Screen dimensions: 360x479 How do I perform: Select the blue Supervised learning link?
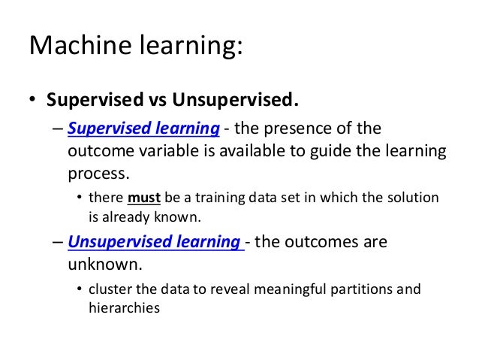[x=143, y=129]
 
